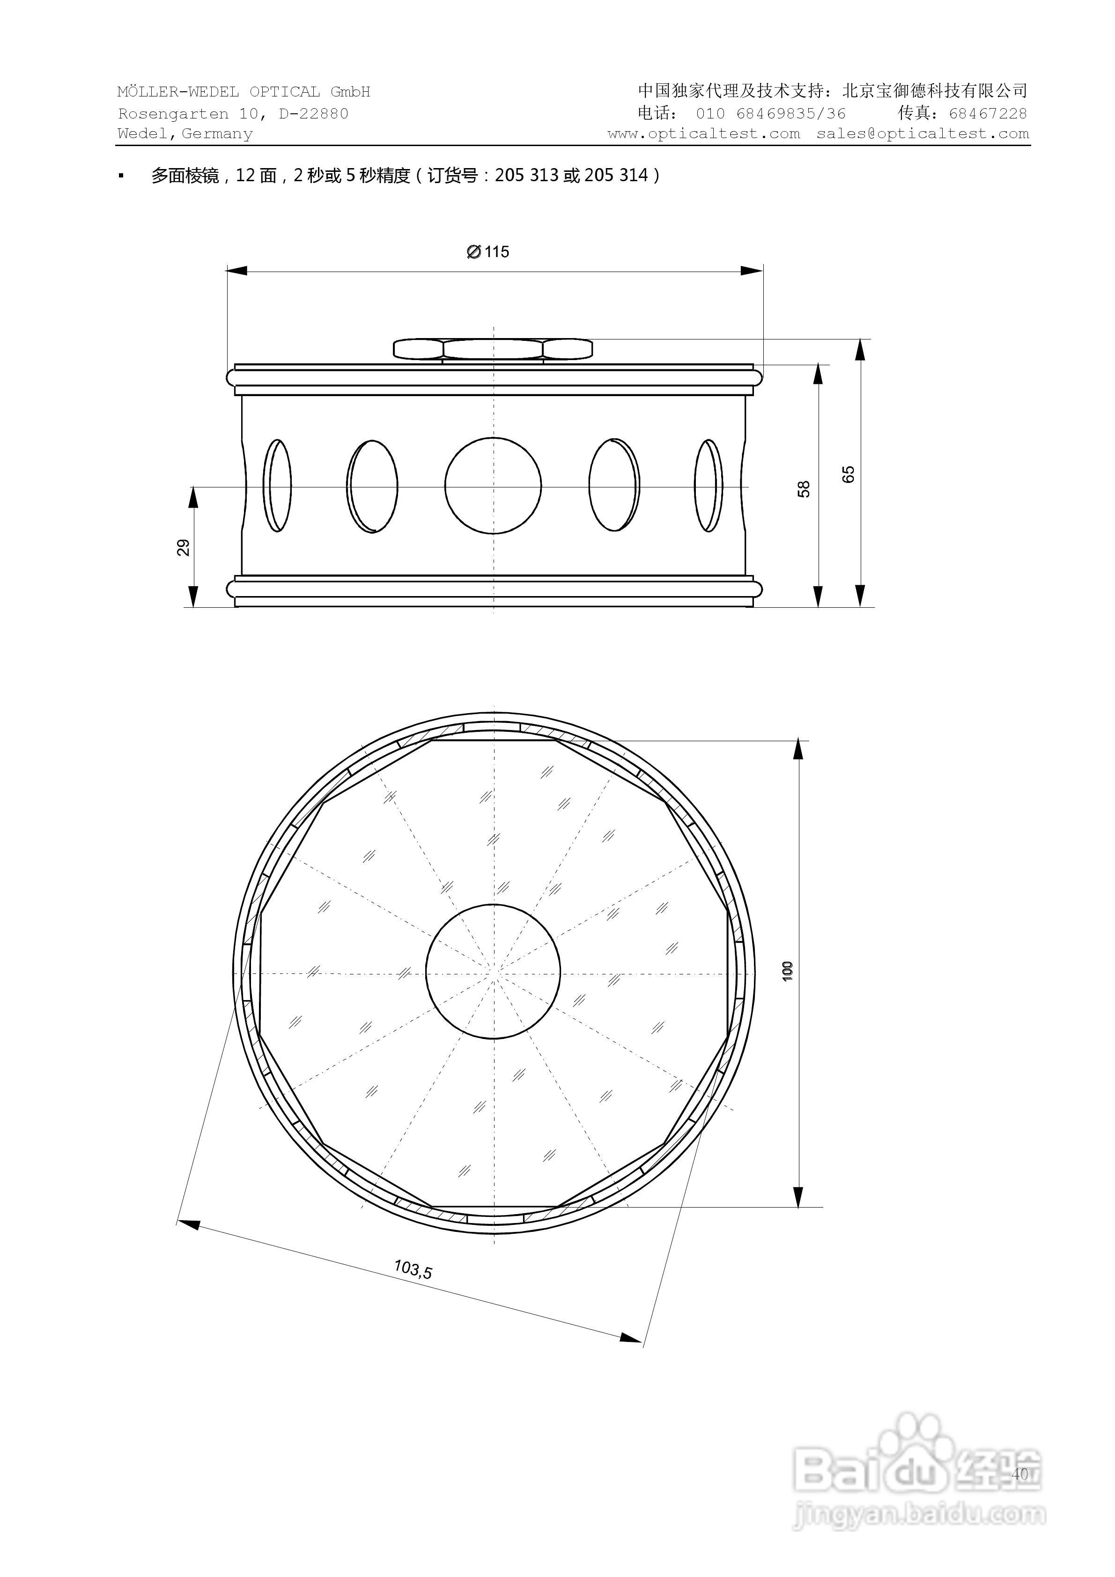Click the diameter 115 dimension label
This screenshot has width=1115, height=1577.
(488, 252)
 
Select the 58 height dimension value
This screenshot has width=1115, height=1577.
(804, 489)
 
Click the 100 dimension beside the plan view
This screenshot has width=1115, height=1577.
(788, 971)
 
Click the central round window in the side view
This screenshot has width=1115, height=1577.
(493, 486)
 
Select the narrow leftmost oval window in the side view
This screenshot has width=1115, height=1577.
(278, 486)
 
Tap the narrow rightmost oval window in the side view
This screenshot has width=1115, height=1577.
(709, 486)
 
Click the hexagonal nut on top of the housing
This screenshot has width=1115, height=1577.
(493, 349)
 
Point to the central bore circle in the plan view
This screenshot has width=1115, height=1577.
(493, 971)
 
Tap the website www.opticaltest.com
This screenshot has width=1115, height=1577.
(703, 134)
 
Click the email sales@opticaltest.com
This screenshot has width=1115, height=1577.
(923, 134)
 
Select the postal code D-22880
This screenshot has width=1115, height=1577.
(313, 113)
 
